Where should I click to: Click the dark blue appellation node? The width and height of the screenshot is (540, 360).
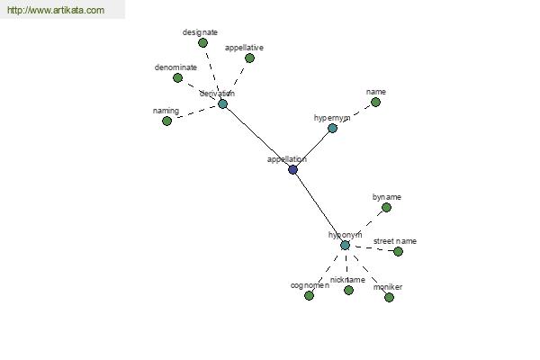292,169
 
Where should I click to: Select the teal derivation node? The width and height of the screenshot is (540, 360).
223,104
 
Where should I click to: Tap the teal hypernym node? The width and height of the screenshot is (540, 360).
332,129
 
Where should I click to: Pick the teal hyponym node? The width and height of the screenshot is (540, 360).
345,246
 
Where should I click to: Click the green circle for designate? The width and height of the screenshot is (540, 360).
202,43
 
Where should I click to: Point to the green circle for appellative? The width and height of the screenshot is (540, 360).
249,58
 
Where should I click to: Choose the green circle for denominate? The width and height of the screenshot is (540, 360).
177,78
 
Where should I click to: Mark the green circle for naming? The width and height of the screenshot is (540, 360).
166,121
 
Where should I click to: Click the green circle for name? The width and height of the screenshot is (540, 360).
375,103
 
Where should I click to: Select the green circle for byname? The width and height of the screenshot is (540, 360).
386,207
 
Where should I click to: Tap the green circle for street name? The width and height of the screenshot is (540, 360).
398,251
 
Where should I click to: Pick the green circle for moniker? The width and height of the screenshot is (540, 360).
389,297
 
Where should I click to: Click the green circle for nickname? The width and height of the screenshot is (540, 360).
348,291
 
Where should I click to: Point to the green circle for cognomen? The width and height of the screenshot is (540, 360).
309,295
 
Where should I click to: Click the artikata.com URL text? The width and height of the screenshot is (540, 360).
56,10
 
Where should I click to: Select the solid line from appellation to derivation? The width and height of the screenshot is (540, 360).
258,137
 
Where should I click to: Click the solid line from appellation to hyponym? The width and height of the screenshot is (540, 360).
319,207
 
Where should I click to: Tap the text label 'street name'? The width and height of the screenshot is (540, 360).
395,241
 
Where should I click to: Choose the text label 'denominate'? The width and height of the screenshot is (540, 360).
175,67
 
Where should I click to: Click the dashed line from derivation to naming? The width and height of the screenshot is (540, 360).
195,112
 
